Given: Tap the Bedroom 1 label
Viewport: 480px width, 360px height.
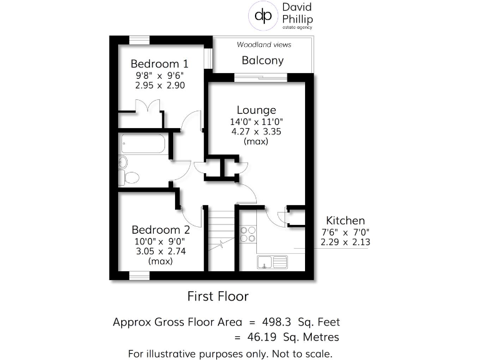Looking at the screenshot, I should [x=159, y=64].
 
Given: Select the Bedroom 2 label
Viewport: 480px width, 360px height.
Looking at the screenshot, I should [x=160, y=230].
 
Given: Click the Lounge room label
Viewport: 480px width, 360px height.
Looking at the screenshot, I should [x=256, y=111].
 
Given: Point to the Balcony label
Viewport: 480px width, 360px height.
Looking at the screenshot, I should [x=262, y=61].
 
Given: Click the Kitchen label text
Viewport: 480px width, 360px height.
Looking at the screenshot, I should [x=344, y=221].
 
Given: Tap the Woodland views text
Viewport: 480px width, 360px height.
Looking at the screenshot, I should [x=264, y=45].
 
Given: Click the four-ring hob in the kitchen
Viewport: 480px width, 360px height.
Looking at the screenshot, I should [x=248, y=234].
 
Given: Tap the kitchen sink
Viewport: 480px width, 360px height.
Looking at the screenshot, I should [x=272, y=261].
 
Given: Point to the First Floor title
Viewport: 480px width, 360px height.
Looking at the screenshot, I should [x=218, y=296].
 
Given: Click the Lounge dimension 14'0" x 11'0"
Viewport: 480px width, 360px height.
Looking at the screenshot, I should [x=256, y=122].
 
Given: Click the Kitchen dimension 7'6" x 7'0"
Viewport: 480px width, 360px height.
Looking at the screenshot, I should [x=344, y=232].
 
